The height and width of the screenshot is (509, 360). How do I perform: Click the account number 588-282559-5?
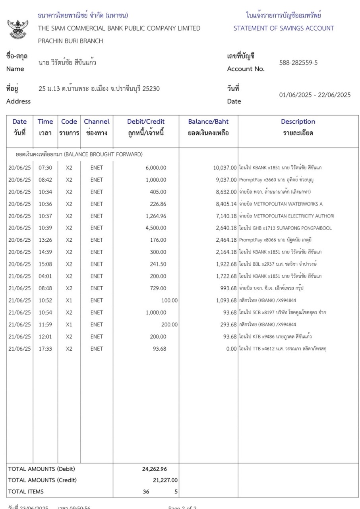pyautogui.click(x=298, y=63)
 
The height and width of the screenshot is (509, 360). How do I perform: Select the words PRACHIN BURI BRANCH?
pyautogui.click(x=70, y=41)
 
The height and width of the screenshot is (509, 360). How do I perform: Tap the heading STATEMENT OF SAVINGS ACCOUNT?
pyautogui.click(x=283, y=28)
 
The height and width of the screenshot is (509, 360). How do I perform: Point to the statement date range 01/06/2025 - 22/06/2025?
pyautogui.click(x=315, y=95)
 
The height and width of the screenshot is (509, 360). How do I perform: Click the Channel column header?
pyautogui.click(x=97, y=122)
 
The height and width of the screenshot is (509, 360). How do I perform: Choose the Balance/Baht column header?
pyautogui.click(x=208, y=122)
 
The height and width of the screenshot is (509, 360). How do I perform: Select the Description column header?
pyautogui.click(x=298, y=122)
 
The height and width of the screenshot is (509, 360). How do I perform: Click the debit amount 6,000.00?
pyautogui.click(x=156, y=168)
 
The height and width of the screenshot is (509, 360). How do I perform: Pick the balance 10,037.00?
pyautogui.click(x=225, y=168)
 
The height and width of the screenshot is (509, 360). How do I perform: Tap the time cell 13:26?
pyautogui.click(x=45, y=240)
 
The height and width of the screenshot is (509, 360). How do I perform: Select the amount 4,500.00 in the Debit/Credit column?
pyautogui.click(x=156, y=228)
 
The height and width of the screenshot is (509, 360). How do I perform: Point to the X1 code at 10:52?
pyautogui.click(x=69, y=301)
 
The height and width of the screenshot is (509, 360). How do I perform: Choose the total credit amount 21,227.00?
pyautogui.click(x=163, y=480)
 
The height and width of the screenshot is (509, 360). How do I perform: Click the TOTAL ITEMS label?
pyautogui.click(x=26, y=492)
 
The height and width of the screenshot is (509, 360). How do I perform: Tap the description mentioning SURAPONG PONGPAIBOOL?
pyautogui.click(x=285, y=228)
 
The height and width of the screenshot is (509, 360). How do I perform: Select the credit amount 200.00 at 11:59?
pyautogui.click(x=169, y=324)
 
